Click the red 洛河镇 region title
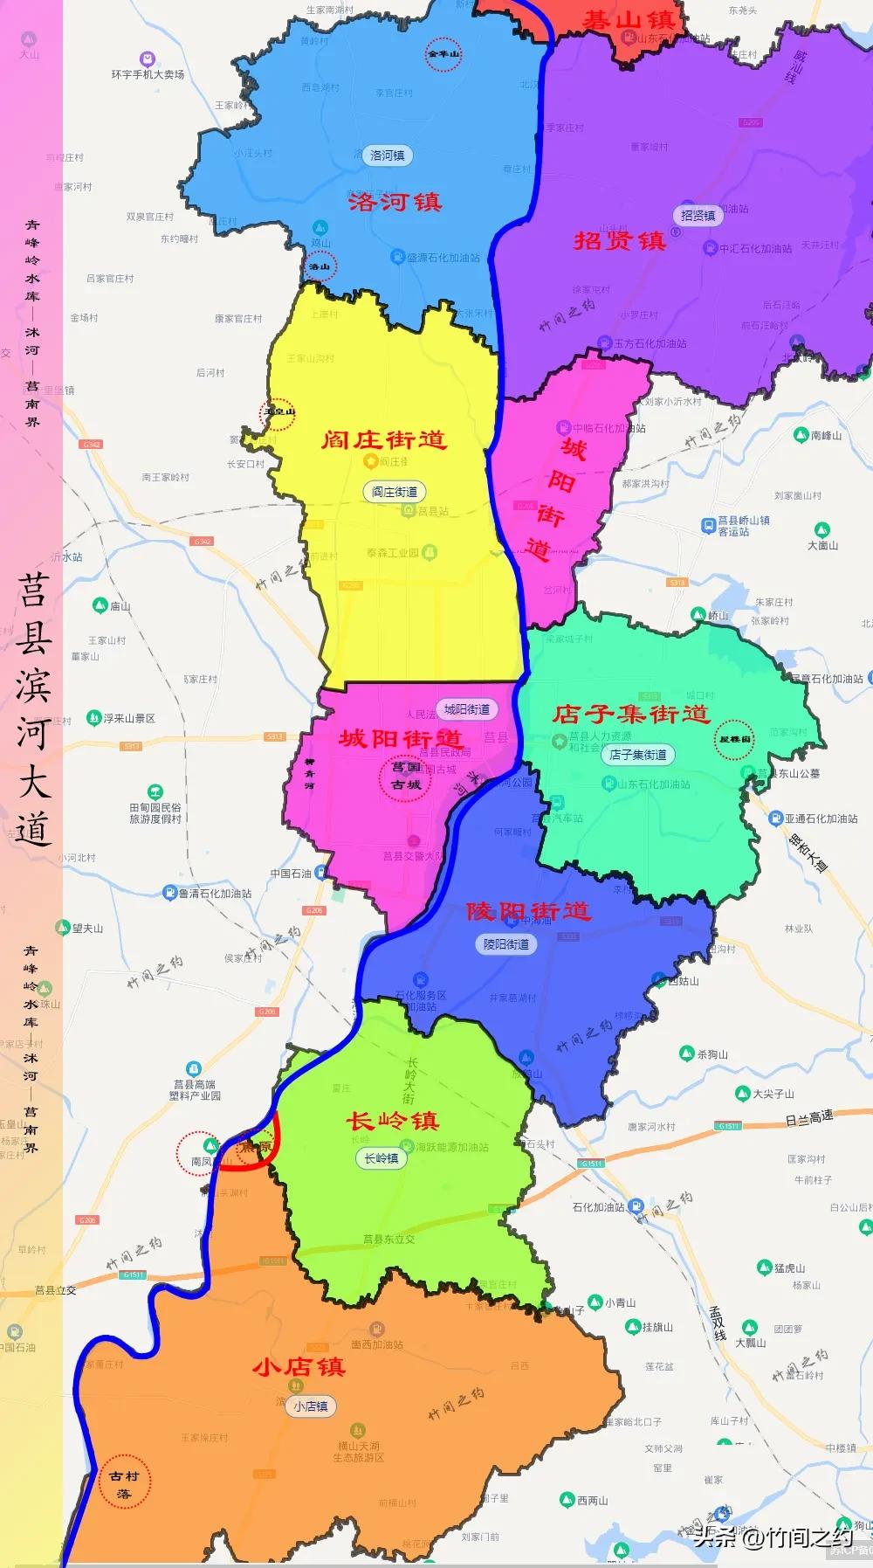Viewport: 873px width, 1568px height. [395, 202]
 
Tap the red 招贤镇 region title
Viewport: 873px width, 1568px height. [620, 241]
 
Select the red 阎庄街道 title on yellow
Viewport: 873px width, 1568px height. [384, 439]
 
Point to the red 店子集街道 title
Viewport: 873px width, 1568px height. [630, 714]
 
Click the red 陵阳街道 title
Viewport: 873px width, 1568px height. [528, 911]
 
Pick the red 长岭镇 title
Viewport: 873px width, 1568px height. [393, 1121]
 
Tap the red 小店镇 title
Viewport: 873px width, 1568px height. [299, 1367]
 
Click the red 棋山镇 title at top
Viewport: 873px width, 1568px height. [629, 19]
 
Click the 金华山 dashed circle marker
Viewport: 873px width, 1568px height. [443, 54]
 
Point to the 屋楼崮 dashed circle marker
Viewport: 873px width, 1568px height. [734, 739]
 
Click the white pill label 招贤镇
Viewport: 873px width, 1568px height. [698, 215]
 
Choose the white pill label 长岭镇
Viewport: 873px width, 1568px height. [382, 1158]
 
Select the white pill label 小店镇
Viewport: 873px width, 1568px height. [311, 1406]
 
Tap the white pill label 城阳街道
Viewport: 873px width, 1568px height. [467, 709]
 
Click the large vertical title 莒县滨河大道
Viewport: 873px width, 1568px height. [33, 709]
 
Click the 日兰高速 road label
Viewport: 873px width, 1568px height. [808, 1117]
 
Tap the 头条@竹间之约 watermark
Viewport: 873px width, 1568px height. [773, 1537]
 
